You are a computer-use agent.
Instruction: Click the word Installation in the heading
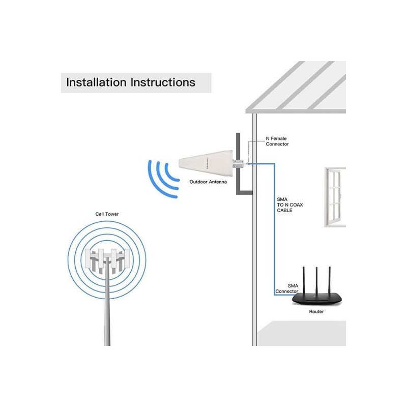(96, 82)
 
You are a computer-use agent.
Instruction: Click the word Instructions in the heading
(163, 82)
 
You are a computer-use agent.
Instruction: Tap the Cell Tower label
(107, 214)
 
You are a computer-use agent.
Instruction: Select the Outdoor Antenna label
(208, 182)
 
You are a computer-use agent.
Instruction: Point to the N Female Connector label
(277, 141)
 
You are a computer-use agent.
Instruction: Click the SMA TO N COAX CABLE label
(289, 205)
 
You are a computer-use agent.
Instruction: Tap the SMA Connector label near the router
(287, 288)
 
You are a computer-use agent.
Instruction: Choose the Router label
(316, 311)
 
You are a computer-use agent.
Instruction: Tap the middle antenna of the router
(316, 280)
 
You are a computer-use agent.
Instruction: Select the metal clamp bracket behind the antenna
(238, 164)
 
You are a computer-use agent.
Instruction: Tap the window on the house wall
(335, 197)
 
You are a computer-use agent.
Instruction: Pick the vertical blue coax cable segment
(274, 229)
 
